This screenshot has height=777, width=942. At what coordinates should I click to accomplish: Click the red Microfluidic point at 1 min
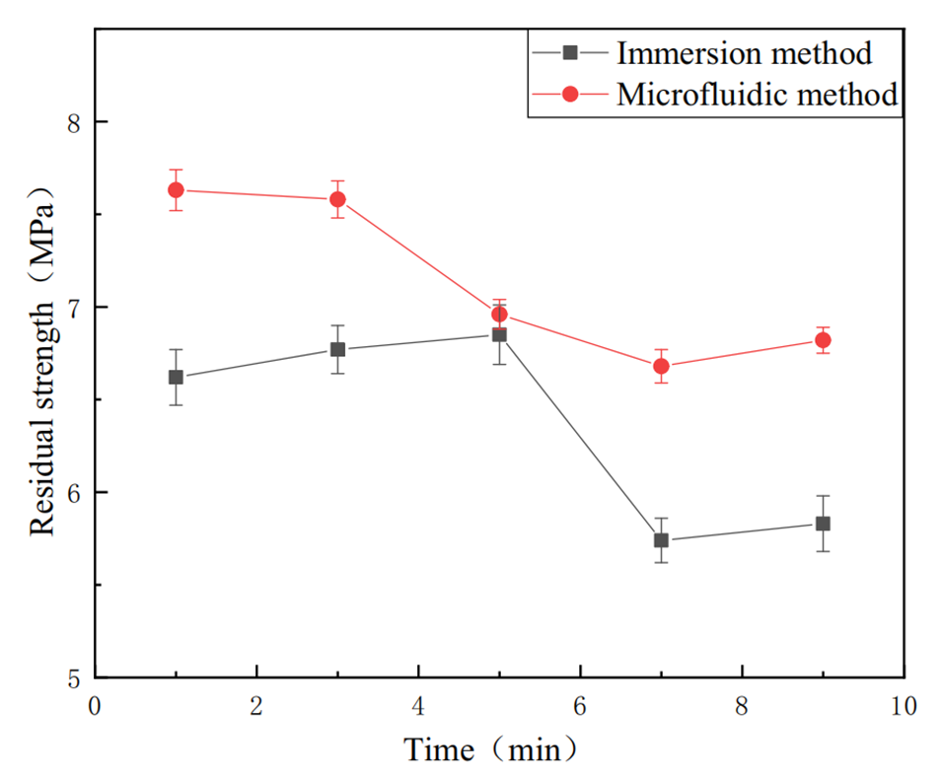click(x=176, y=189)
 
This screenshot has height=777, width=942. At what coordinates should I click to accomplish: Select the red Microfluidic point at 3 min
click(x=337, y=199)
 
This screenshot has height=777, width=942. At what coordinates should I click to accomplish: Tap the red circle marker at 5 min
click(x=499, y=315)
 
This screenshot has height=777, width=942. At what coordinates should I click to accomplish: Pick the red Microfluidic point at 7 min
click(x=661, y=366)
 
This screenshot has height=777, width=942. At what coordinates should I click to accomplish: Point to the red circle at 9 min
click(x=823, y=340)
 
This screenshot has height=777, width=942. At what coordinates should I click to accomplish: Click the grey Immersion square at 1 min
click(x=176, y=377)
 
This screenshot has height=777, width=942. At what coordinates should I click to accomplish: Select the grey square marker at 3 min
click(x=337, y=349)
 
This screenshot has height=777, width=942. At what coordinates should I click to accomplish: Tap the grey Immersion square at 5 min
click(x=499, y=334)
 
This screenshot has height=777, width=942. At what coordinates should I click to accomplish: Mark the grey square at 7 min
click(x=661, y=540)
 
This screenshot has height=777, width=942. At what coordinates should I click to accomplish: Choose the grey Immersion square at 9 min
click(x=823, y=524)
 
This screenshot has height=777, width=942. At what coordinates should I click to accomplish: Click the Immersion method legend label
click(x=744, y=51)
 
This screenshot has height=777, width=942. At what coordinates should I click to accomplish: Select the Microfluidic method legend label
click(x=757, y=94)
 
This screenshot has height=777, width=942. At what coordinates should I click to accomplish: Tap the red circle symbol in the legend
click(x=571, y=94)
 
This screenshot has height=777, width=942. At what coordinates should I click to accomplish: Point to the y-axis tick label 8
click(x=74, y=122)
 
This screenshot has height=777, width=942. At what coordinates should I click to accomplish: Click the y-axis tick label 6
click(x=74, y=492)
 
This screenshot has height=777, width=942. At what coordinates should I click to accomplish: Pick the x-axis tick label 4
click(x=418, y=706)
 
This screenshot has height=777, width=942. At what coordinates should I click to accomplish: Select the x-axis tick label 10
click(x=904, y=706)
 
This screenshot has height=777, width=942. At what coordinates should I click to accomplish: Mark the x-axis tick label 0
click(x=95, y=706)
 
